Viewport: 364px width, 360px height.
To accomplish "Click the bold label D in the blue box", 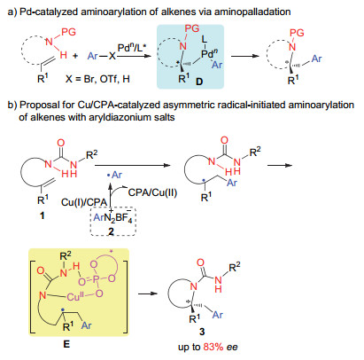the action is pos(199,81).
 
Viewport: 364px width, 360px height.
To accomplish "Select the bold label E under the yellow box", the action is pos(66,344).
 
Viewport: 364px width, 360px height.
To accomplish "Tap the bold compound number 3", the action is pos(202,332).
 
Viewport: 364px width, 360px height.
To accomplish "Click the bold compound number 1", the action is pos(43,215).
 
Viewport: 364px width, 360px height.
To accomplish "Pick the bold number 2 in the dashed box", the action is pos(111,231).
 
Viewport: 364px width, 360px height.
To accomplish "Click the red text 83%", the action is pos(213,347).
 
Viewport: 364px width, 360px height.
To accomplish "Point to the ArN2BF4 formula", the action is pos(112,218).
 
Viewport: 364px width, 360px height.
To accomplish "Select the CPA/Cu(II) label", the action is pos(152,192).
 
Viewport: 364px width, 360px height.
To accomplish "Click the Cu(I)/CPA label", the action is pos(84,202).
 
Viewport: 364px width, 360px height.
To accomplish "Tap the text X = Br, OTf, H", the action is pos(97,79).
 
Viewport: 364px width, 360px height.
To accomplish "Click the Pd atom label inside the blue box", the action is pos(209,53).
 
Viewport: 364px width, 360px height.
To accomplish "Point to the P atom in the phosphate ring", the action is pos(96,280).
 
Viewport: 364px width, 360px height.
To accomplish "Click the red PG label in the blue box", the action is pos(192,28).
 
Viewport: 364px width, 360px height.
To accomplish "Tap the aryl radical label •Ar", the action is pos(114,175).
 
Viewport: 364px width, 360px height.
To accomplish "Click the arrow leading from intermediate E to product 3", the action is pos(148,293).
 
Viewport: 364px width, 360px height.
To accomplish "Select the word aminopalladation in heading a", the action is pos(252,12).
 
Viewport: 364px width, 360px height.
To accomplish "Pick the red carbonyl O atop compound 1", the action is pos(60,143).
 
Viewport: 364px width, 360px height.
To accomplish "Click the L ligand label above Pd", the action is pos(205,39).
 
